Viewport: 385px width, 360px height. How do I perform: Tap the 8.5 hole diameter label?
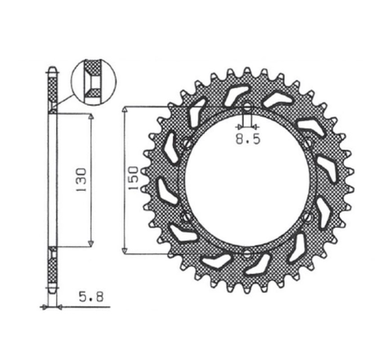pos(247,137)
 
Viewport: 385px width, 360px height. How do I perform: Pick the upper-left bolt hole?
pos(185,145)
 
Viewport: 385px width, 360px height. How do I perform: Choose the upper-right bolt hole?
pos(310,145)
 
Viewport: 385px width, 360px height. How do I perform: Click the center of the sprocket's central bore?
pos(247,182)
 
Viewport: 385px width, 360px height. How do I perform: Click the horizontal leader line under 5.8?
pos(80,305)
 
